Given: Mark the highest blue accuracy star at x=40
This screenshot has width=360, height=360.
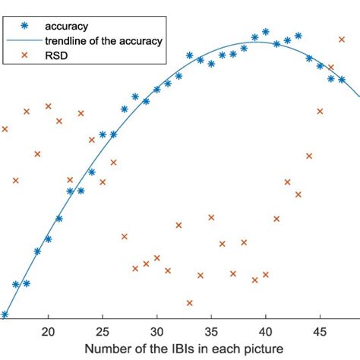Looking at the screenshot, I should [x=265, y=32].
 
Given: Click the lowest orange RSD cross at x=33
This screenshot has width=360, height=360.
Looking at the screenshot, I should [x=189, y=302].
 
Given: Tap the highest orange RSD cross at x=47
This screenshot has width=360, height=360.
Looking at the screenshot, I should [x=342, y=38].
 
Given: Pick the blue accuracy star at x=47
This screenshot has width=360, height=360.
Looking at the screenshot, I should [x=342, y=79].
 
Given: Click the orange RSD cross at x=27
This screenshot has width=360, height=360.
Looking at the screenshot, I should [x=124, y=236].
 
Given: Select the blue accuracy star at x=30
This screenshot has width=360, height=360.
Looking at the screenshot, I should [x=156, y=90].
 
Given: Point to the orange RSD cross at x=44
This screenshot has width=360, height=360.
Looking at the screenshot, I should [x=309, y=156].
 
